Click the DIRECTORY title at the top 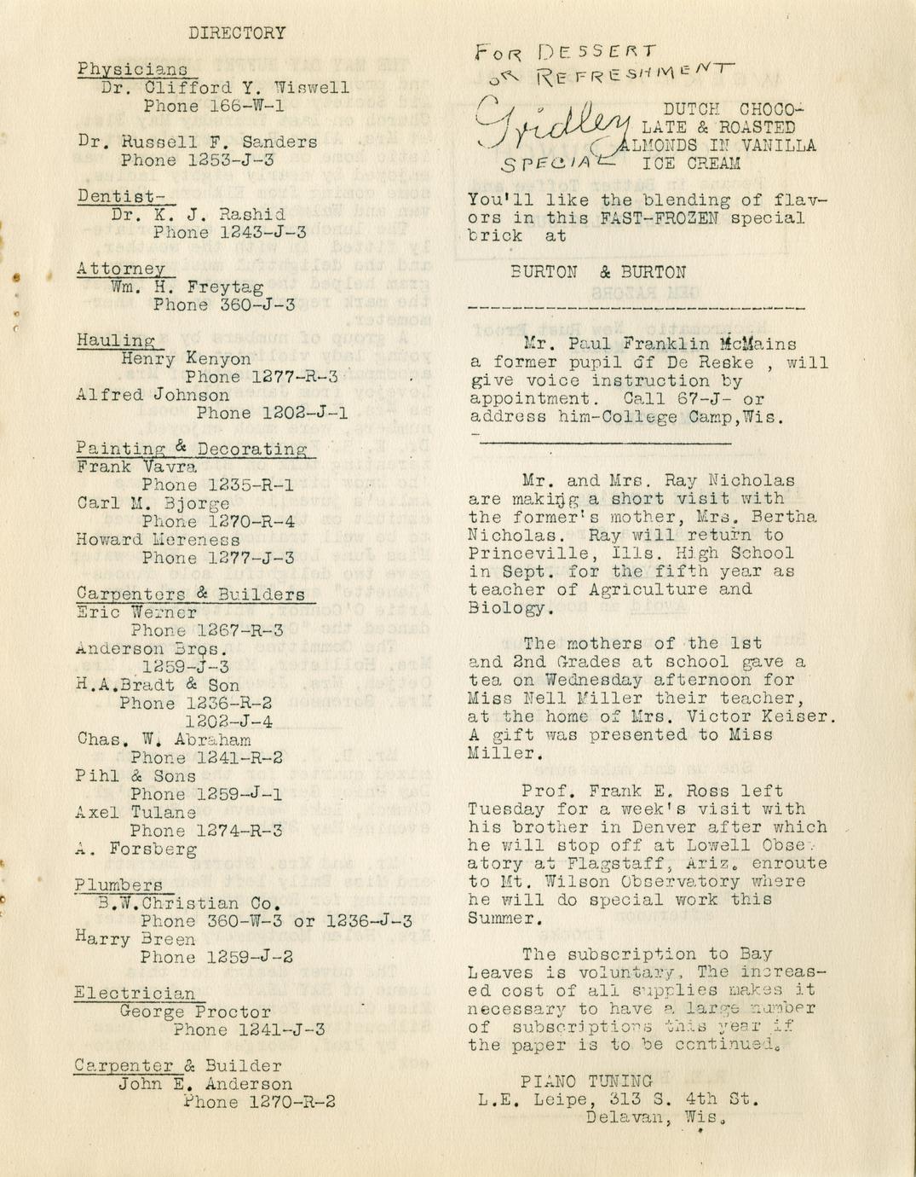pyautogui.click(x=237, y=33)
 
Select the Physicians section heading pyautogui.click(x=133, y=69)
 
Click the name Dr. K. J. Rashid pyautogui.click(x=198, y=215)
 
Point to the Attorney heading pyautogui.click(x=121, y=269)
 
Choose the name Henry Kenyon pyautogui.click(x=186, y=359)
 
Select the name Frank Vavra pyautogui.click(x=136, y=467)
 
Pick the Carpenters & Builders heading pyautogui.click(x=190, y=594)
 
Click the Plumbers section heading pyautogui.click(x=118, y=885)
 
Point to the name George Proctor pyautogui.click(x=195, y=1012)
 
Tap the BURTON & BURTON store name pyautogui.click(x=597, y=273)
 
